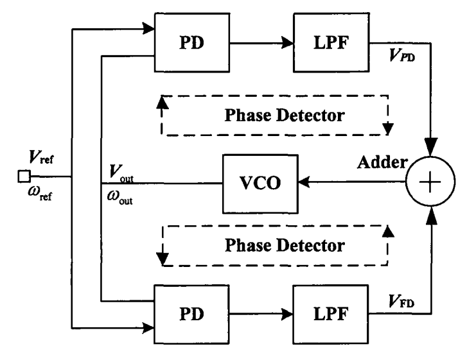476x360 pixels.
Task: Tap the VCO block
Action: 259,183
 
